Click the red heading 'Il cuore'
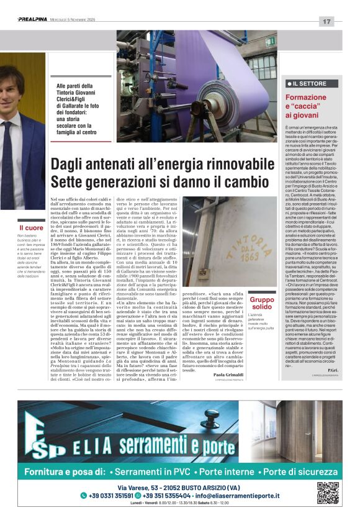click(x=30, y=229)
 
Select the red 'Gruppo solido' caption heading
click(x=261, y=303)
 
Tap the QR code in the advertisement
click(x=328, y=492)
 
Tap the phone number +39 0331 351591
click(x=106, y=495)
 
